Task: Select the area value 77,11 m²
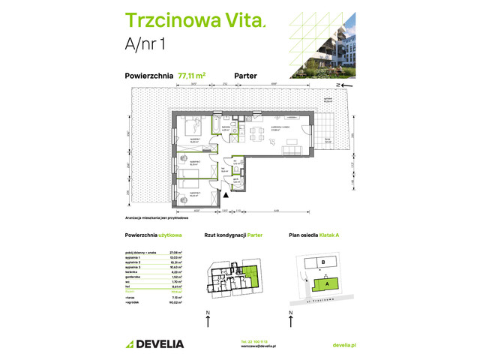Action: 192,75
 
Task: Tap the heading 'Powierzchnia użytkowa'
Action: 151,235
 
